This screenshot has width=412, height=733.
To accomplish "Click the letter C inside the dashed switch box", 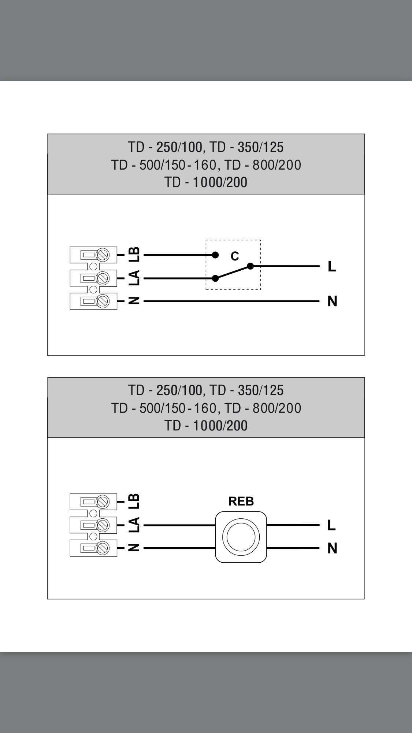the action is coord(235,256).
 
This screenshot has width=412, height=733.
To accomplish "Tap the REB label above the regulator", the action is coord(241,501).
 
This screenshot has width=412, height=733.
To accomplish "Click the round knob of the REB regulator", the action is coord(241,537).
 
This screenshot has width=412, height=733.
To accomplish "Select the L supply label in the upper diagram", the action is coord(332,266).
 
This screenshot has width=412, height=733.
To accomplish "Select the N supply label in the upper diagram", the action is coord(332,301).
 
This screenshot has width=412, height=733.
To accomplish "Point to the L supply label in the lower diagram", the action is coord(331,525).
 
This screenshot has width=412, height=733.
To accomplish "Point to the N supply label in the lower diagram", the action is coord(332,548).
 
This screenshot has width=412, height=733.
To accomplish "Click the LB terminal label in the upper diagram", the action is coord(134,254).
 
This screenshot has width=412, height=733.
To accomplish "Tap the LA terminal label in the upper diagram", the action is coord(134,278).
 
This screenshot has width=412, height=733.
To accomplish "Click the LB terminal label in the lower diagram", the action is coord(134,501).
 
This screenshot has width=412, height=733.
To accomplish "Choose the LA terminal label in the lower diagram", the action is coord(134,525).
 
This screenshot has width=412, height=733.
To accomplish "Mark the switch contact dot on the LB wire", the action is coord(215,255).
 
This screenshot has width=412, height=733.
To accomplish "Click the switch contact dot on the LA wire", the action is coord(215,278).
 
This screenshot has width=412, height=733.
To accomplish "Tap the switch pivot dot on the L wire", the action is coord(250,266).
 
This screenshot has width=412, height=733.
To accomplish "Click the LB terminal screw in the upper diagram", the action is coord(103,255).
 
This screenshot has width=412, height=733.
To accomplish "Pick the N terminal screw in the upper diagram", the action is coord(103,301).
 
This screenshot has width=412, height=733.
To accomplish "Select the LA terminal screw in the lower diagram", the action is coord(103,525).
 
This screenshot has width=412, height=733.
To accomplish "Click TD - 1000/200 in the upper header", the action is coord(206,182).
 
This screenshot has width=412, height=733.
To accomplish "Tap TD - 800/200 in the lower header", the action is coord(263,408).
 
